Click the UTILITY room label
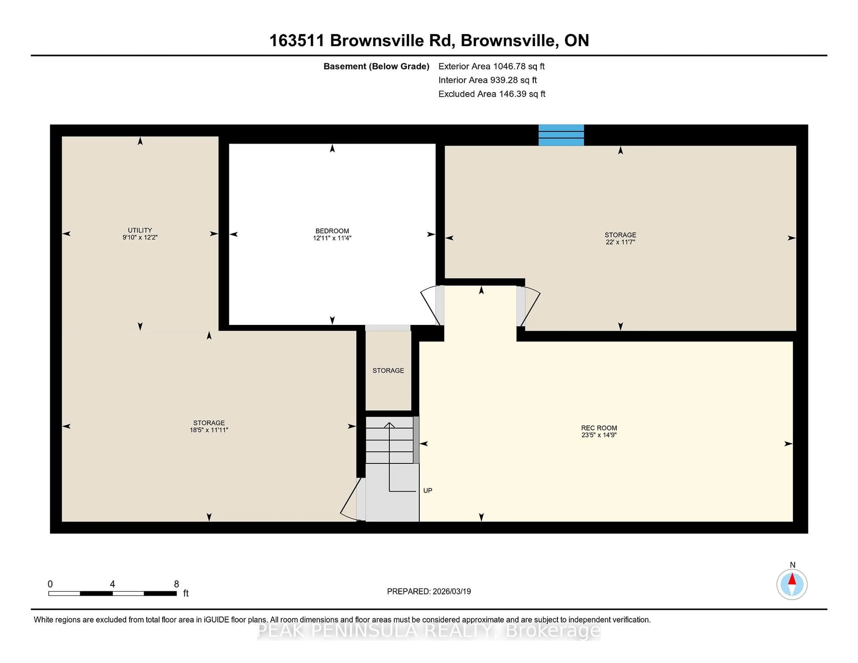[140, 230]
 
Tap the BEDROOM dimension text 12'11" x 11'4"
[332, 238]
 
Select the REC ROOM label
[599, 428]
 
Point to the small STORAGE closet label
[388, 370]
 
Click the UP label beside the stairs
[427, 490]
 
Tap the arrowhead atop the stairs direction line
[389, 425]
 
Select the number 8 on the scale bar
[176, 584]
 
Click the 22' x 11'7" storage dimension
[620, 242]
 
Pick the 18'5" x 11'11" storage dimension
[209, 430]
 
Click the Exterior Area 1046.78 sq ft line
[491, 66]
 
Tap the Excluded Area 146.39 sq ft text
[492, 94]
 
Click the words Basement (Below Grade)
[376, 66]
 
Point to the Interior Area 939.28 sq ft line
[487, 80]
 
